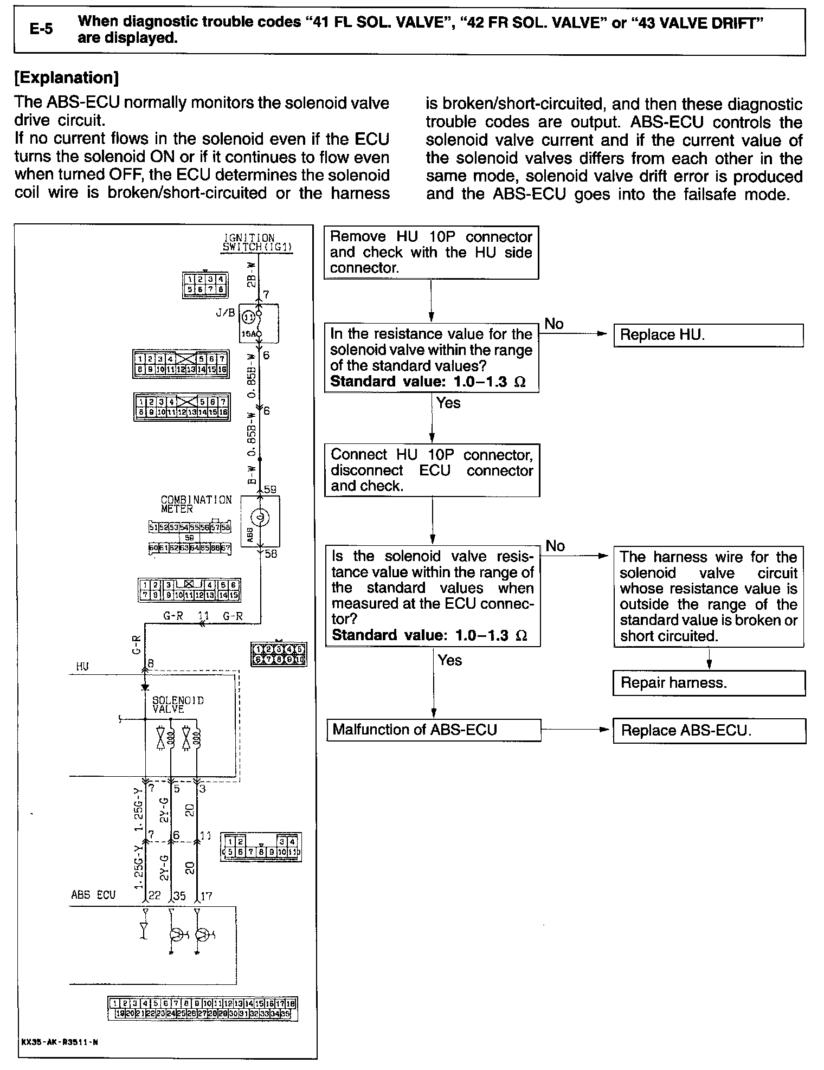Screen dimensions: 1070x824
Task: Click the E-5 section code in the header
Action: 41,29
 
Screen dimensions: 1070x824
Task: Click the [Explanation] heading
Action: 67,78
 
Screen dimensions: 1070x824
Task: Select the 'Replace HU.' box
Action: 708,335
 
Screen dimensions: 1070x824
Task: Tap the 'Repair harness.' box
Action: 709,682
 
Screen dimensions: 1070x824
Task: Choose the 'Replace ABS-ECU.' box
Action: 709,730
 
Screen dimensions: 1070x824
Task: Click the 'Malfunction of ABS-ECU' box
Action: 434,730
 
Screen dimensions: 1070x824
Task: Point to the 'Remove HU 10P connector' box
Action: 431,252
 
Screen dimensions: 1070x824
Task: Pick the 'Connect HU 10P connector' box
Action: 432,470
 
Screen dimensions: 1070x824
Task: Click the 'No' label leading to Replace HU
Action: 554,324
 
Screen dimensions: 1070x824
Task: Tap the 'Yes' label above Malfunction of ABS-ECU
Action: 450,660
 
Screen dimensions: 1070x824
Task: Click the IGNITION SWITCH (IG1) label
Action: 257,243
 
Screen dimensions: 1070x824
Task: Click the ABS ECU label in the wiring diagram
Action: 93,894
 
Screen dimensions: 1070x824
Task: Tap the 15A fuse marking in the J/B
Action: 249,334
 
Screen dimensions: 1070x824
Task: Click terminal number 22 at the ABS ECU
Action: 154,895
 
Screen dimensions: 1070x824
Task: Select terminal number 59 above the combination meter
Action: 270,488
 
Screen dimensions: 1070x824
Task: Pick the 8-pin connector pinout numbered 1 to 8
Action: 204,285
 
